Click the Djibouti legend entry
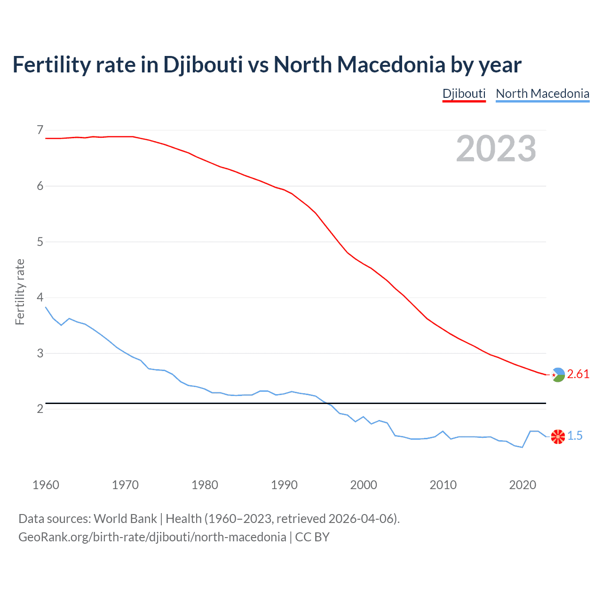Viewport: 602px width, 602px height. click(x=464, y=94)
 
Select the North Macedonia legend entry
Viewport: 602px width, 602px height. click(x=542, y=94)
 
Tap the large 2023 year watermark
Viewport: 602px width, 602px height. click(x=496, y=149)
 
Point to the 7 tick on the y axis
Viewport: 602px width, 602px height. click(x=40, y=130)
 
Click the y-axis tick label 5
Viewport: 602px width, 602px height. click(x=40, y=242)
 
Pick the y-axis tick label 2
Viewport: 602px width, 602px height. click(x=40, y=409)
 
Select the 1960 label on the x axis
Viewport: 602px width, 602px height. click(x=46, y=485)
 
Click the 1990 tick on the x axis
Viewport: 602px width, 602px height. click(x=284, y=485)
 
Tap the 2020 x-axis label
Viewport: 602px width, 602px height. click(x=523, y=485)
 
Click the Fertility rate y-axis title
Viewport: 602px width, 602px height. click(x=20, y=292)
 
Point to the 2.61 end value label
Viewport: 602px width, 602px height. click(x=578, y=374)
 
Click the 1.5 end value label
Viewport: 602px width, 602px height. click(x=575, y=436)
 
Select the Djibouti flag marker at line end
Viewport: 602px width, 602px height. click(x=558, y=375)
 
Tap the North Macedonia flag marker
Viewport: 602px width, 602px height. click(x=558, y=436)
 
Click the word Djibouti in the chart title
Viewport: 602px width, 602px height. click(x=203, y=65)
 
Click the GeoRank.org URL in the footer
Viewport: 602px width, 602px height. click(x=152, y=537)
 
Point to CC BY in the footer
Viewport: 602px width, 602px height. click(x=312, y=537)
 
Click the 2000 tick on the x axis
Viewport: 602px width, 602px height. click(x=364, y=485)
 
